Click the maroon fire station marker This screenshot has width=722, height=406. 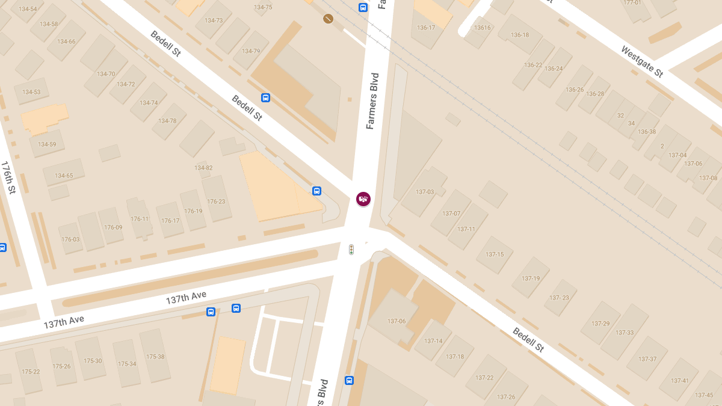(x=363, y=199)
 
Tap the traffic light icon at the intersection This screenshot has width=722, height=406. (x=351, y=249)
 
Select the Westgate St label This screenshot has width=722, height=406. (x=642, y=61)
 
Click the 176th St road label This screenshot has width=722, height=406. (x=8, y=177)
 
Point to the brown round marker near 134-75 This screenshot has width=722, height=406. (x=328, y=19)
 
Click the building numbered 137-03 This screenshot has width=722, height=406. (x=425, y=192)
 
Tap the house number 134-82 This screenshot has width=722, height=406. (x=203, y=168)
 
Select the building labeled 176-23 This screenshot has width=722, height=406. (x=216, y=201)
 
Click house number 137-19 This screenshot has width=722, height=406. (x=531, y=278)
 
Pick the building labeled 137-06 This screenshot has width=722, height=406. (x=396, y=321)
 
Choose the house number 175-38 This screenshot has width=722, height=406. (x=155, y=357)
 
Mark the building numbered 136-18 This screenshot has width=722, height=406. (x=519, y=35)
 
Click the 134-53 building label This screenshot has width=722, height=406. (x=31, y=92)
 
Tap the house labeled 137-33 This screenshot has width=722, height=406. (x=625, y=333)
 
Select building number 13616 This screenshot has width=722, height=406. (x=483, y=28)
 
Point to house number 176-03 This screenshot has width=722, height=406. (x=70, y=239)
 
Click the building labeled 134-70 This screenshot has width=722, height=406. (x=105, y=74)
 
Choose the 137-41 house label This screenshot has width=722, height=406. (x=680, y=381)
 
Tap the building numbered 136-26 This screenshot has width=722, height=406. (x=575, y=90)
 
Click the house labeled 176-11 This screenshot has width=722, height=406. (x=139, y=219)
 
